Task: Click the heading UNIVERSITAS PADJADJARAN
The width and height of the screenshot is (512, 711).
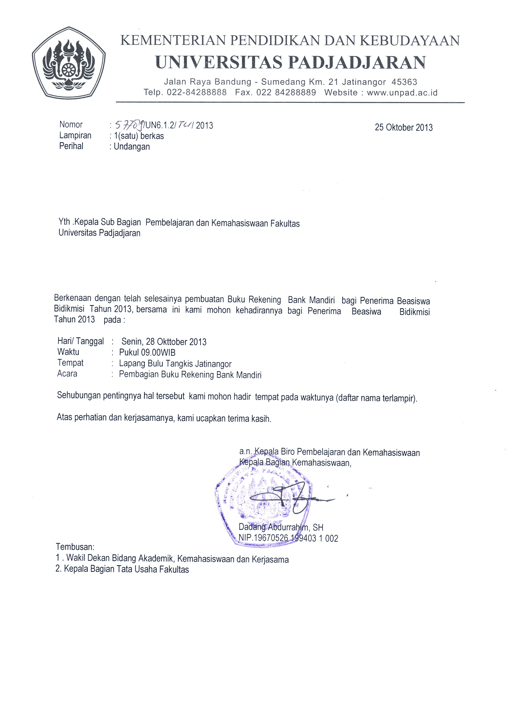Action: click(x=291, y=62)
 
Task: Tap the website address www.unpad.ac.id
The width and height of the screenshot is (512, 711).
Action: click(x=402, y=93)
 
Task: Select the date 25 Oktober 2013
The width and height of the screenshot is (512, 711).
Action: click(x=404, y=127)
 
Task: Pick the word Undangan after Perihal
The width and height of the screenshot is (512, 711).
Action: click(x=132, y=146)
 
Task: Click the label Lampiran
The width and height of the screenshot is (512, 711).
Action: click(x=75, y=135)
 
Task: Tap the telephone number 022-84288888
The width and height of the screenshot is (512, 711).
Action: click(x=197, y=93)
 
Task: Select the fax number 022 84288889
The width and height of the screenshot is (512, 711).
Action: click(x=286, y=93)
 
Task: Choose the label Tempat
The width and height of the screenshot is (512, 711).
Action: click(x=70, y=363)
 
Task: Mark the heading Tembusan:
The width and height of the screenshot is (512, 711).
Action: click(x=75, y=547)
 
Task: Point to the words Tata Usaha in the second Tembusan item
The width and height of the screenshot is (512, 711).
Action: click(x=137, y=569)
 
